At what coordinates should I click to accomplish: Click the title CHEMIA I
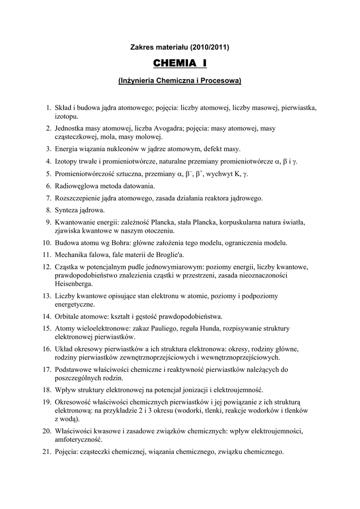pyautogui.click(x=180, y=64)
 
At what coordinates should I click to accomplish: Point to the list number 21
pyautogui.click(x=47, y=452)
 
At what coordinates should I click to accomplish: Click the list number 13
pyautogui.click(x=47, y=296)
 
